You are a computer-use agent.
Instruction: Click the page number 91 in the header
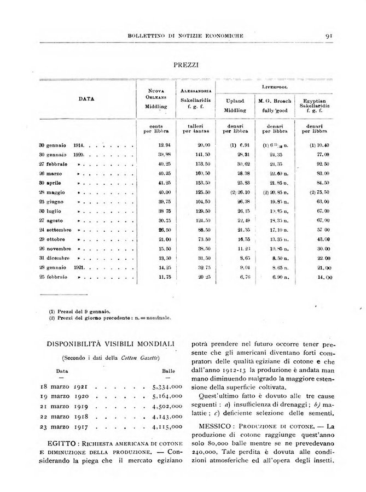(329, 36)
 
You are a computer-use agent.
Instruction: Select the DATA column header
(86, 99)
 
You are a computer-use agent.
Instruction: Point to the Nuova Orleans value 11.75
(158, 277)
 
